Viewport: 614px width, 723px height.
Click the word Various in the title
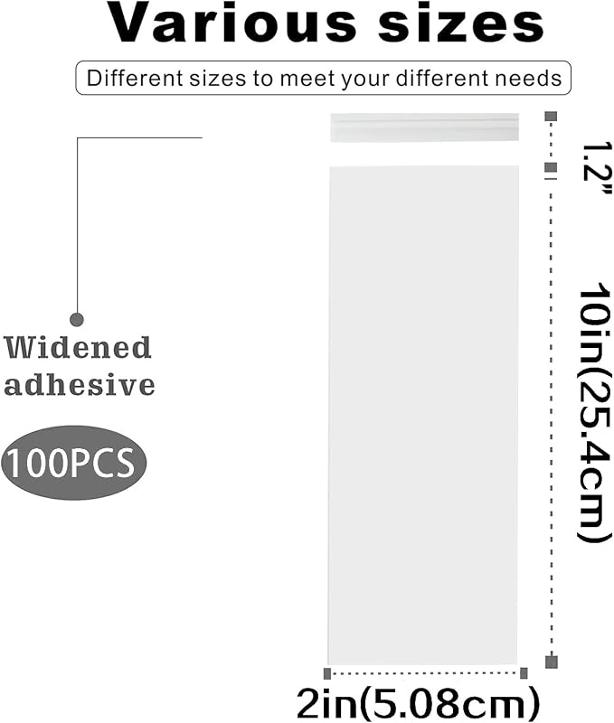click(x=233, y=23)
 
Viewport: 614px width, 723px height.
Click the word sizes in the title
click(x=461, y=24)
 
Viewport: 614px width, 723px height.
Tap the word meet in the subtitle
click(x=301, y=78)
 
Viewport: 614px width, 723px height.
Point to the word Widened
click(x=78, y=348)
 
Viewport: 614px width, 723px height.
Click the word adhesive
click(x=80, y=385)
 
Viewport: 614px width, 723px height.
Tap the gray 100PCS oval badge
click(x=73, y=463)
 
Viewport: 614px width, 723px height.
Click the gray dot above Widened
click(x=77, y=319)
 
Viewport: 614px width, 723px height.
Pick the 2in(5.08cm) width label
click(x=418, y=703)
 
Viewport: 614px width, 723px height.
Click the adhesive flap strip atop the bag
click(x=424, y=127)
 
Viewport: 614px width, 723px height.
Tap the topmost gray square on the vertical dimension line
click(x=551, y=117)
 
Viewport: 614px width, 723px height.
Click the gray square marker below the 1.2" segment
click(x=551, y=167)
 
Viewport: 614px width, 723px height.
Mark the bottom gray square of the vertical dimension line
click(x=552, y=662)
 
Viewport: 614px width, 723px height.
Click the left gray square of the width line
click(x=327, y=673)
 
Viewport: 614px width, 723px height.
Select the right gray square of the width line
click(x=524, y=673)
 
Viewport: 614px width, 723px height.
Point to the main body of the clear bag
click(x=423, y=415)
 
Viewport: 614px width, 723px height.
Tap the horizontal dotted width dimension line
click(x=425, y=673)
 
